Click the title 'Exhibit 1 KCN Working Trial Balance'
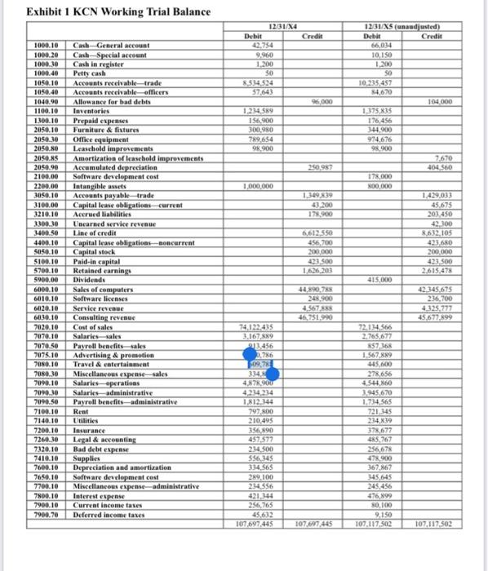[107, 12]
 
